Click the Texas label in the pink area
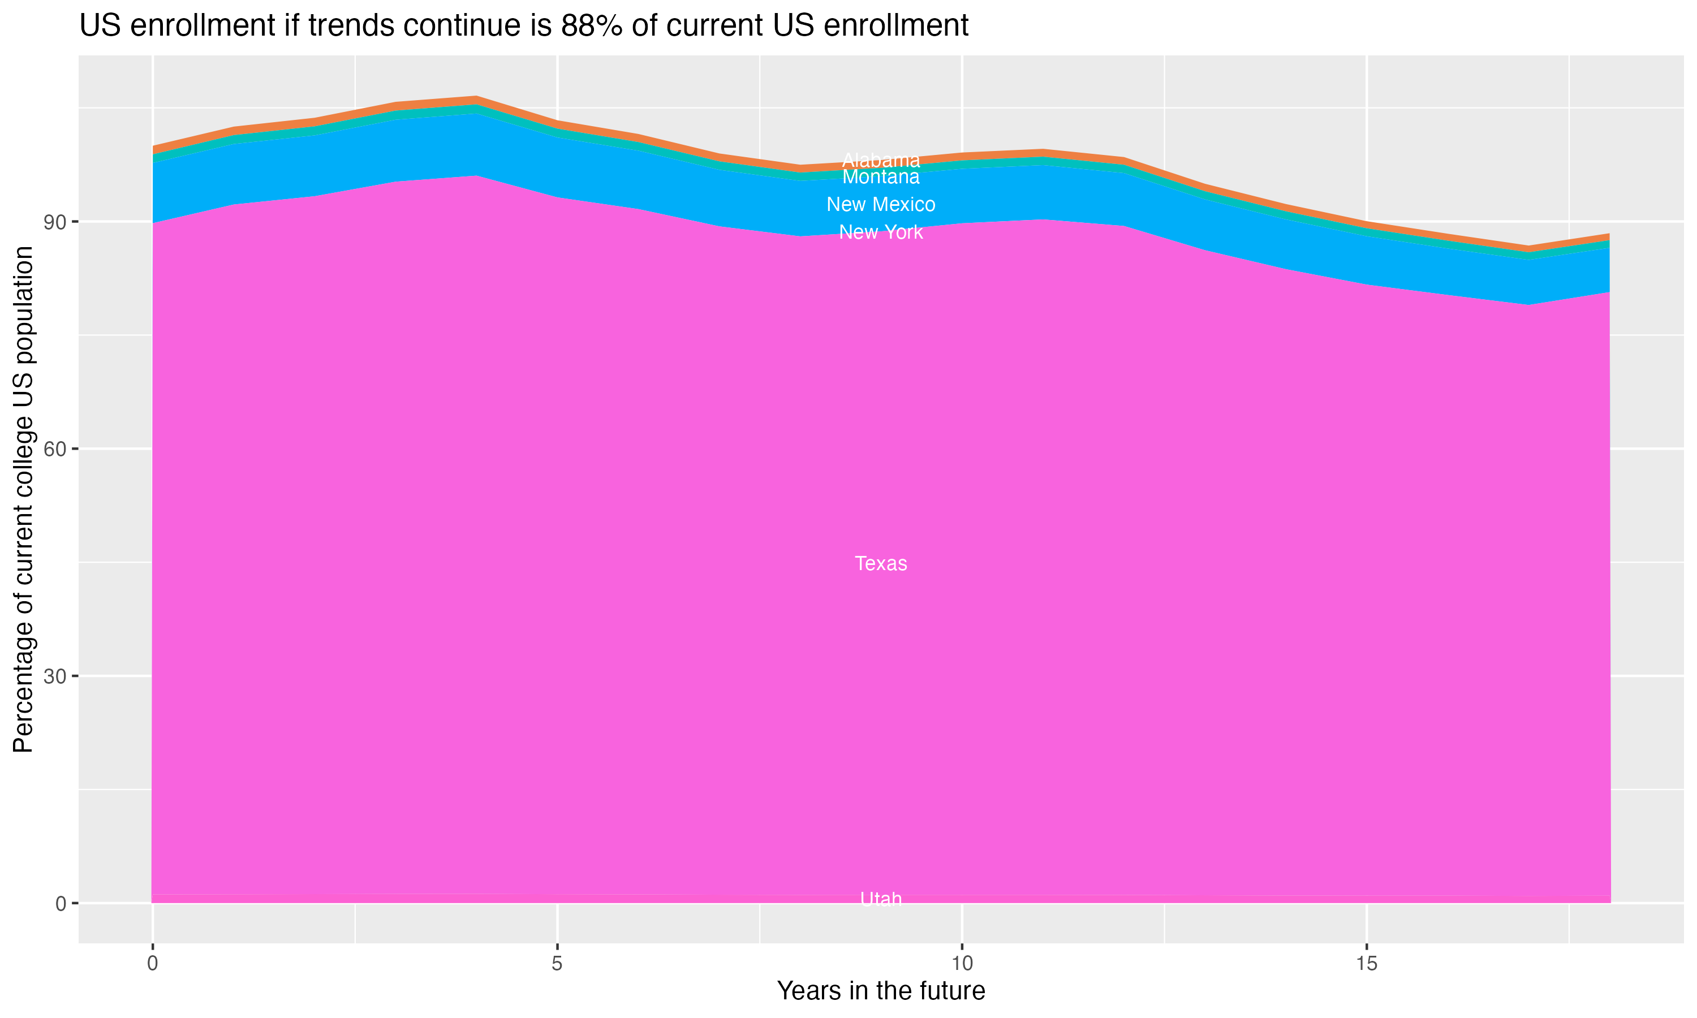click(881, 563)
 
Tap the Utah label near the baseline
click(881, 899)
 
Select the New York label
click(881, 232)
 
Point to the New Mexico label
click(881, 204)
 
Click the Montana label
click(881, 177)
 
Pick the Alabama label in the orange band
click(881, 161)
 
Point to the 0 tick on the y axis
click(61, 903)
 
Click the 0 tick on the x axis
click(152, 964)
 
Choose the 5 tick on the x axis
click(557, 964)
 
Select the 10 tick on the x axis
click(962, 964)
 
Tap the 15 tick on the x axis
click(1367, 964)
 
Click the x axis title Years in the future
click(881, 990)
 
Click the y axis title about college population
click(23, 499)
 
